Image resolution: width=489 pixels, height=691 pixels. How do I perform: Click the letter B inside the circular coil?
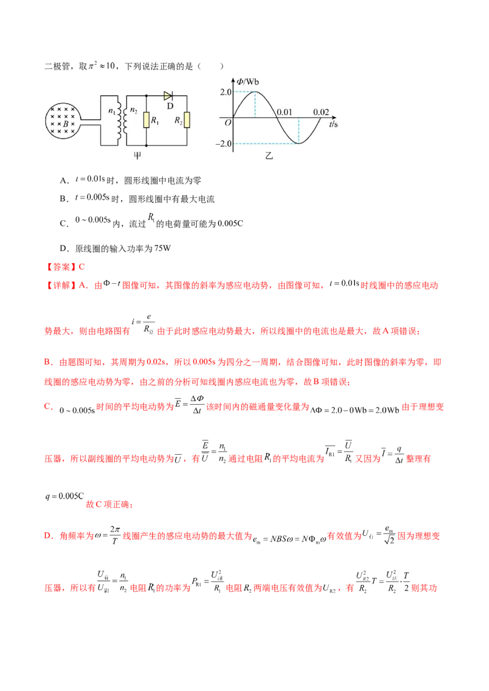tap(65, 123)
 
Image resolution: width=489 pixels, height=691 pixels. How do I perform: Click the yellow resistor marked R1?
tap(147, 120)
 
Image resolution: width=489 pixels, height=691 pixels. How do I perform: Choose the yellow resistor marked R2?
tap(187, 121)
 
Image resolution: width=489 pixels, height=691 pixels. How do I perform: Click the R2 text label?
tap(177, 121)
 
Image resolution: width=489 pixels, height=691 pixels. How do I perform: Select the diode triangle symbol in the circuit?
tap(168, 96)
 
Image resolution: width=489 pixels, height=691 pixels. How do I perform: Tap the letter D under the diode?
tap(171, 106)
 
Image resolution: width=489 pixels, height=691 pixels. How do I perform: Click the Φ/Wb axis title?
tap(249, 80)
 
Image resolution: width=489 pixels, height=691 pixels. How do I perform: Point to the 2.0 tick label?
tap(225, 92)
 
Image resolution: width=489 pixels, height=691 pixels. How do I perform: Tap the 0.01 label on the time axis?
tap(285, 112)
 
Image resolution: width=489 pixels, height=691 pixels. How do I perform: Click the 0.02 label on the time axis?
tap(321, 112)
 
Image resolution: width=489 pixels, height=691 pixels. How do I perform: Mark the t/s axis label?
tap(334, 123)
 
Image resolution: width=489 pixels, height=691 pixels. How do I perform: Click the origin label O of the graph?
tap(227, 123)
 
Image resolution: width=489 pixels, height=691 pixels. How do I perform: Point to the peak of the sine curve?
tap(255, 92)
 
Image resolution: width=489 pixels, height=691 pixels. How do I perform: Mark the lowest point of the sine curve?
tap(298, 143)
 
